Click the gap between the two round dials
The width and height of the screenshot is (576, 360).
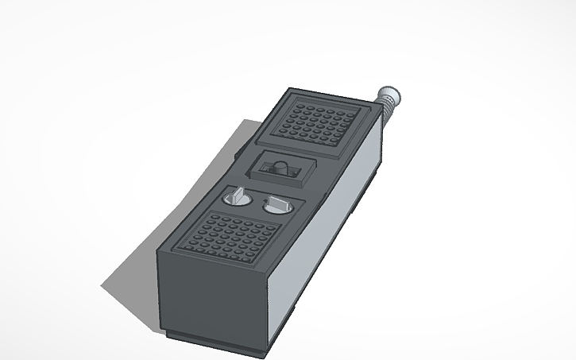click(x=257, y=199)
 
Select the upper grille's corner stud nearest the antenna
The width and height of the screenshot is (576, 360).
click(x=349, y=111)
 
